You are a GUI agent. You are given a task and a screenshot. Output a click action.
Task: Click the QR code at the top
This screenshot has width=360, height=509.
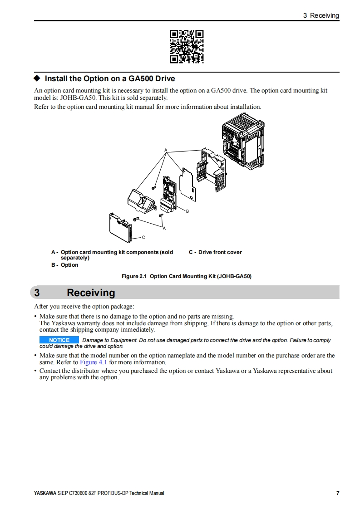187,46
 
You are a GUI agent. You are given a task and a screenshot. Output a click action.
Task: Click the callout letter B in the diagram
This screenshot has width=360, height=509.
187,211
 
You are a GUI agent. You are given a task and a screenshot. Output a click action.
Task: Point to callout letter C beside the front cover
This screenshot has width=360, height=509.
143,237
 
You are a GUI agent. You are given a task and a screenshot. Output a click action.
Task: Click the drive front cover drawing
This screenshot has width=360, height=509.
120,226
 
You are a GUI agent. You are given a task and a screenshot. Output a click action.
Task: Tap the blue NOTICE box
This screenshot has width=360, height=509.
59,340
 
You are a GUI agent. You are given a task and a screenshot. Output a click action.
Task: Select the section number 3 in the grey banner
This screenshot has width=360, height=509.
37,293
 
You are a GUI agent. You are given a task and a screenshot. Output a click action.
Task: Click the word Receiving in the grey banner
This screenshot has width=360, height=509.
91,293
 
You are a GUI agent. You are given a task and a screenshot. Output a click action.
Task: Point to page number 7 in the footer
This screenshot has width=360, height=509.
337,493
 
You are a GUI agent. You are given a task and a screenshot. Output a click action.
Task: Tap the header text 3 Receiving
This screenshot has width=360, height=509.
321,15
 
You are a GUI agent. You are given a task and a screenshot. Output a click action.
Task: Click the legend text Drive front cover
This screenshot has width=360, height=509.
220,252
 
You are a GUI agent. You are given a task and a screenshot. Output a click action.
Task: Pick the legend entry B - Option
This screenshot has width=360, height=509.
64,265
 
